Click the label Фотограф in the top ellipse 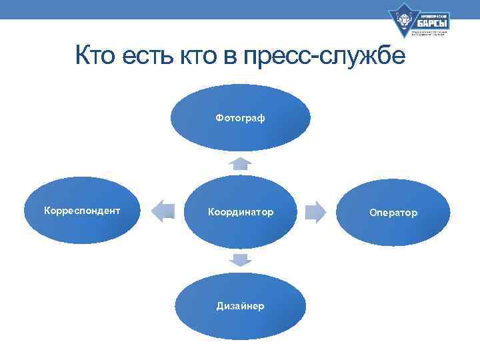click(x=240, y=118)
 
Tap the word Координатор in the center click(x=240, y=212)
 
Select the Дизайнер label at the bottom click(x=240, y=306)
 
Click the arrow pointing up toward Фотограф click(x=240, y=163)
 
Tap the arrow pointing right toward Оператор click(x=315, y=212)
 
